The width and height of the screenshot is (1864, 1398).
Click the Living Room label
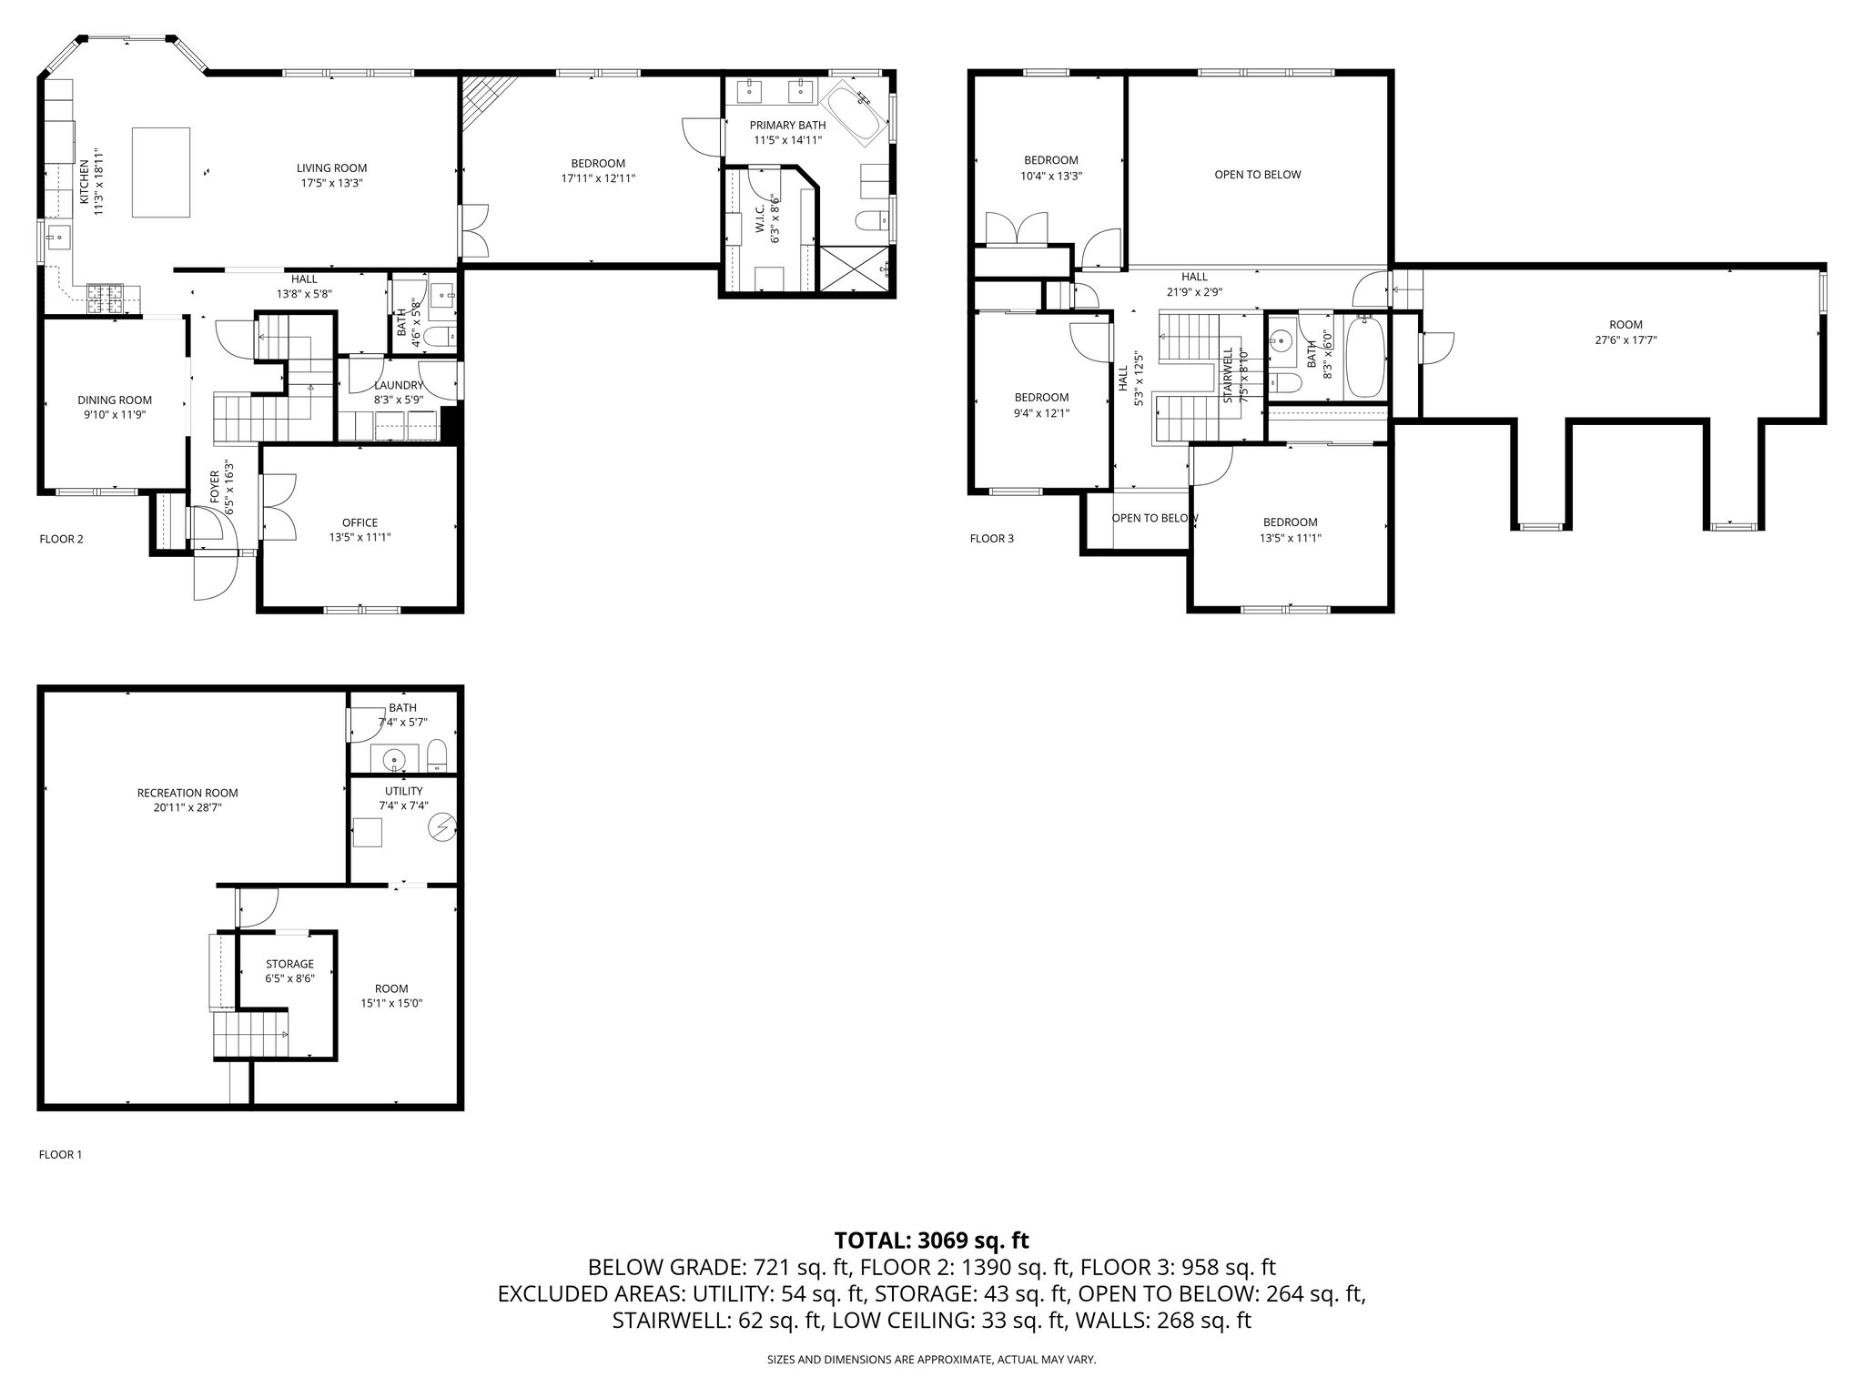coord(331,167)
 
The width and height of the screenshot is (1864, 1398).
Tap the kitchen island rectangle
coord(161,172)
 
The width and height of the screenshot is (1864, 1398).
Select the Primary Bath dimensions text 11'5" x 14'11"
coord(787,140)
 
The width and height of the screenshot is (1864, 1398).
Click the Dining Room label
coord(115,400)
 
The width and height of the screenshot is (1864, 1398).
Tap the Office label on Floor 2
coord(360,522)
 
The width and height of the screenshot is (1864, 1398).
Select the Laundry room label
coord(399,385)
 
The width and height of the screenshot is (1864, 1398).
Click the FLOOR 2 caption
coord(61,539)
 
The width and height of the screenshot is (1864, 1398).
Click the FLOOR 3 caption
coord(991,539)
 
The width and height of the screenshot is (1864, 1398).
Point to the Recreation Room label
coord(187,793)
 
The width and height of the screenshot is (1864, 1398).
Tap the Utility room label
coord(403,791)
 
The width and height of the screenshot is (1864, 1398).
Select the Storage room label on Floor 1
coord(289,964)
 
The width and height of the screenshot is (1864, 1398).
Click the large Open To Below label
coord(1257,175)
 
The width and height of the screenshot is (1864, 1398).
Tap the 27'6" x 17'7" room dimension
coord(1626,339)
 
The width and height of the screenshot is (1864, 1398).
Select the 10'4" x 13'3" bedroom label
coord(1051,176)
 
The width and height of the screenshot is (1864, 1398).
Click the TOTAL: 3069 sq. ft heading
coord(931,1240)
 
